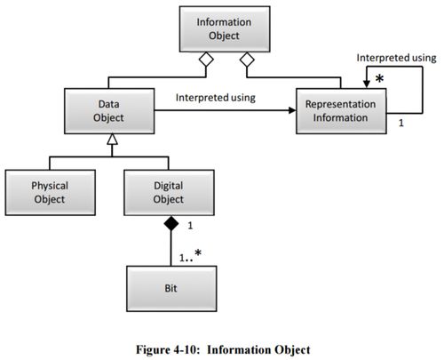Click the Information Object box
225,29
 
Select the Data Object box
109,111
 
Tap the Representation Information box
341,111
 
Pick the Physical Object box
51,192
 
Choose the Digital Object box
169,192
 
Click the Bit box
171,289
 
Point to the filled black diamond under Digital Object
171,223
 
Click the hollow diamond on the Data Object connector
206,60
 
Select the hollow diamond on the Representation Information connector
247,60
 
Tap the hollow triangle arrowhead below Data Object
112,140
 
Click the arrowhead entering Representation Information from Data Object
292,110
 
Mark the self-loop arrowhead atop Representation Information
367,84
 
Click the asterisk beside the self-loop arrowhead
379,78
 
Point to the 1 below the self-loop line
401,123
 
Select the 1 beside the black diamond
190,226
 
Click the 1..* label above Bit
190,256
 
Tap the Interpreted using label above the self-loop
396,58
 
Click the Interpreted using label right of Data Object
216,98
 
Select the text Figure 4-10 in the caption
166,349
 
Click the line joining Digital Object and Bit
170,248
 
